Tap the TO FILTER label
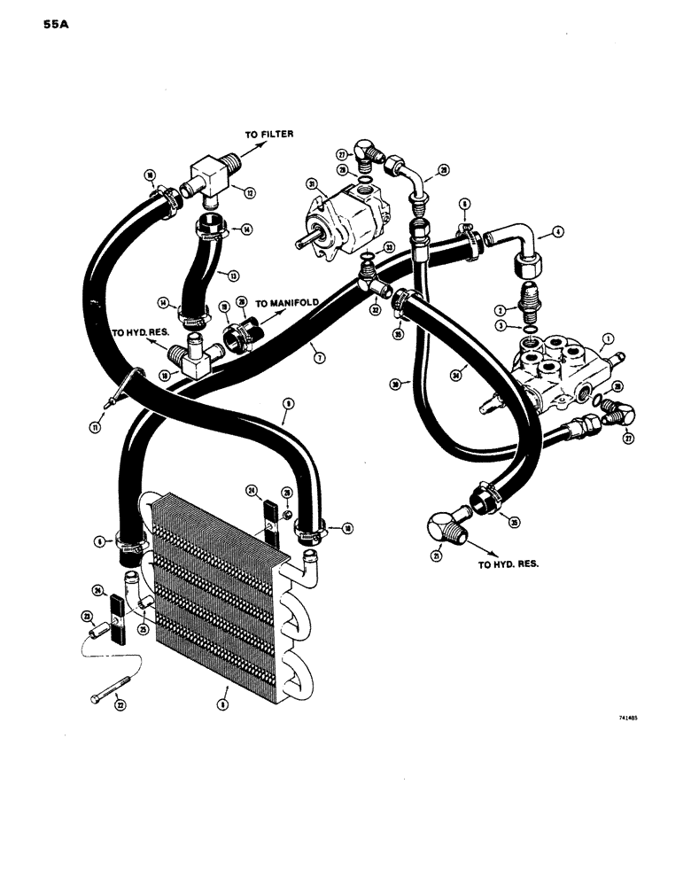[x=269, y=134]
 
